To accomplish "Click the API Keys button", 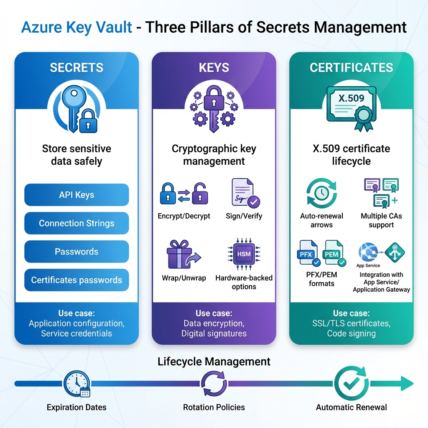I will point(76,195).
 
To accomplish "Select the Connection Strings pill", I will point(76,223).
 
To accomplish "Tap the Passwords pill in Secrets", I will point(76,252).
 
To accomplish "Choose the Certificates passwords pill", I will point(76,280).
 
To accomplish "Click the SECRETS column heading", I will point(76,68).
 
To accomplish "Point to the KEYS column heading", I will point(214,68).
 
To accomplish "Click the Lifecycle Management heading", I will point(214,361).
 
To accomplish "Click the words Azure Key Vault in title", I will point(76,28).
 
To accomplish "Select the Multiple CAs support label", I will point(381,221).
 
